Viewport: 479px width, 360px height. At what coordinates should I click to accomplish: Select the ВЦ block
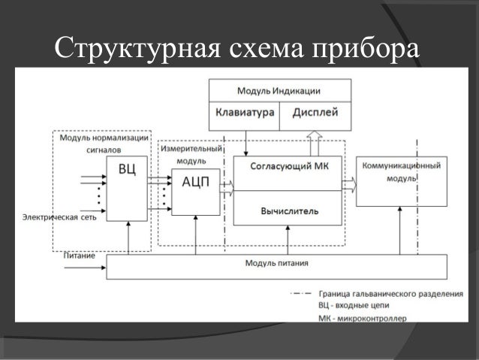[x=127, y=188]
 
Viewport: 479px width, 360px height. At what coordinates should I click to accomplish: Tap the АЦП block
[x=195, y=191]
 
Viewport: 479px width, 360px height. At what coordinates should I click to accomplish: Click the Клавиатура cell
[x=244, y=113]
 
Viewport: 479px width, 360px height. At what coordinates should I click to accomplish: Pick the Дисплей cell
[x=315, y=113]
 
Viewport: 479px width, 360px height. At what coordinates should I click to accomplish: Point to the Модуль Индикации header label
[x=279, y=91]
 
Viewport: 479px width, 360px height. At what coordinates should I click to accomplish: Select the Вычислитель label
[x=289, y=210]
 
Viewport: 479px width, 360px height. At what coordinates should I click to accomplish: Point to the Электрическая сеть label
[x=50, y=218]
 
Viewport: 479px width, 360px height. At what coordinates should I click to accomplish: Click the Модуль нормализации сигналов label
[x=104, y=144]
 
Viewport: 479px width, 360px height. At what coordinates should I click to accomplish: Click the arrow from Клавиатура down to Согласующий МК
[x=247, y=143]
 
